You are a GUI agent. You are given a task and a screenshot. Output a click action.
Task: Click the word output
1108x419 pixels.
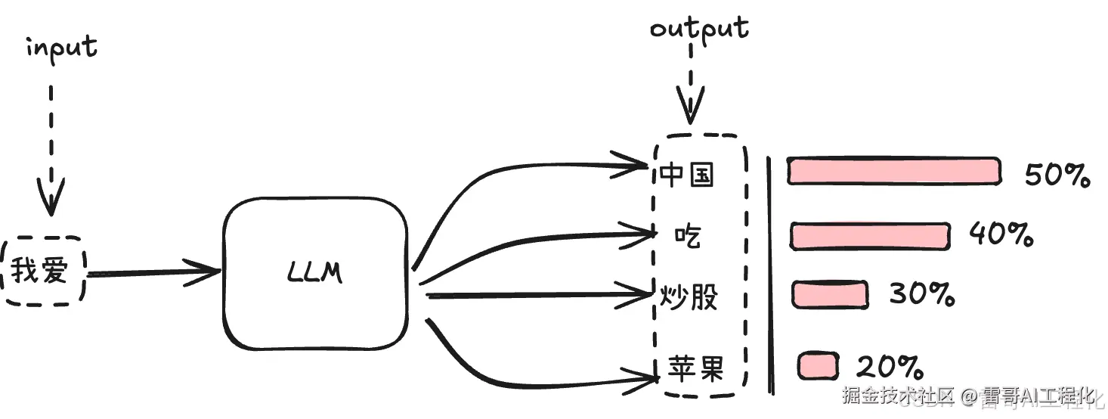pyautogui.click(x=699, y=29)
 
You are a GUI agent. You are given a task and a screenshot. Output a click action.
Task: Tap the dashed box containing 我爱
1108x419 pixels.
pyautogui.click(x=43, y=271)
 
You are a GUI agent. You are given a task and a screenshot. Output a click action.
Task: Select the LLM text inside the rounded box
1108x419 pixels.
pyautogui.click(x=315, y=272)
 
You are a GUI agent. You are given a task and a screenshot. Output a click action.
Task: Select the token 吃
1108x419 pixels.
pyautogui.click(x=688, y=236)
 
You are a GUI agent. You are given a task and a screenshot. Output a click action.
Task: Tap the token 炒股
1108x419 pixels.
pyautogui.click(x=688, y=297)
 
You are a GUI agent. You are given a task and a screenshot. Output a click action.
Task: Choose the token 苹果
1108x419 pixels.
pyautogui.click(x=695, y=368)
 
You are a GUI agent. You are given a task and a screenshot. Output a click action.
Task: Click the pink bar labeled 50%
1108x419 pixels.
pyautogui.click(x=893, y=171)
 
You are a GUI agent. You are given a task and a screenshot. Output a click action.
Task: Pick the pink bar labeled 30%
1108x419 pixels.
pyautogui.click(x=829, y=294)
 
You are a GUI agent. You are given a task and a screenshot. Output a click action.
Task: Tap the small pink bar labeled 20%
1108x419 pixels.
pyautogui.click(x=818, y=366)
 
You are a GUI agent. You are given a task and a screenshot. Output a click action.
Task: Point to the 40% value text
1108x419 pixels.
pyautogui.click(x=1001, y=235)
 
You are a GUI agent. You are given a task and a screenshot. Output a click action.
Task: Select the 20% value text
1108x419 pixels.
pyautogui.click(x=889, y=367)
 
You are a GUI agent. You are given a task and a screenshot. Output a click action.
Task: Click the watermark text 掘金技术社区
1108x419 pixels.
pyautogui.click(x=898, y=395)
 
